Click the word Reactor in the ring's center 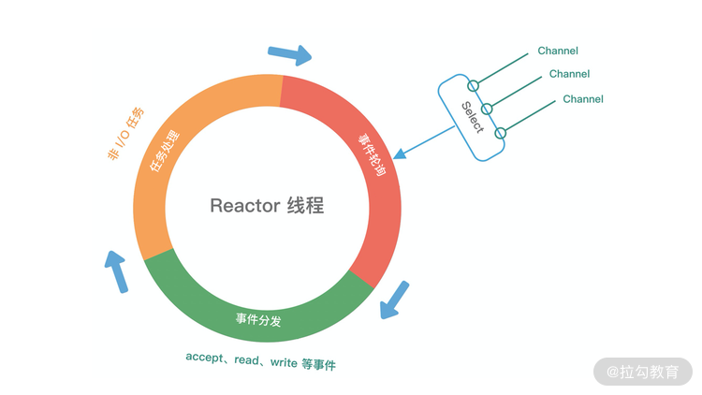tap(243, 206)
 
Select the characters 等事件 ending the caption tap(318, 363)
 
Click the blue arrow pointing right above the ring tap(289, 54)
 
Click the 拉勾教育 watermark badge tap(642, 371)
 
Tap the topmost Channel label tap(558, 51)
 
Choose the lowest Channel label tap(582, 99)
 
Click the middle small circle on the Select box tap(487, 109)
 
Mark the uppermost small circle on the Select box tap(474, 86)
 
